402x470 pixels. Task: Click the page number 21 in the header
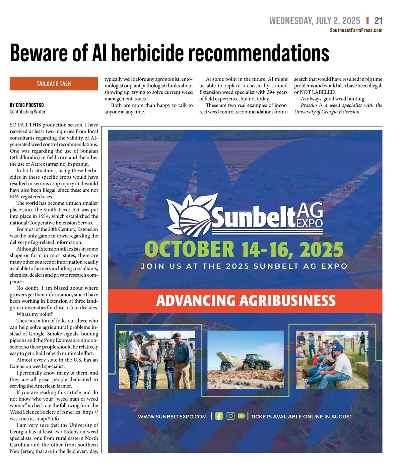[378, 21]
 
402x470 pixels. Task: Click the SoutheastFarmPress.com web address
[356, 30]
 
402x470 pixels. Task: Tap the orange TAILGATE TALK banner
[54, 84]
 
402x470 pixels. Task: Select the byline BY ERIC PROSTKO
[27, 105]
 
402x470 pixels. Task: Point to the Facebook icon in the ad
[219, 416]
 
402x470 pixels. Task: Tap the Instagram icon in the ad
[230, 416]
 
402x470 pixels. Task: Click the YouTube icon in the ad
[241, 416]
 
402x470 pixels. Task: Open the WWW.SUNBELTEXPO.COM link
[172, 416]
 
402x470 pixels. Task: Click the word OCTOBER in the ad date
[189, 250]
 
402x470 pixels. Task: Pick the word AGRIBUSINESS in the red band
[287, 301]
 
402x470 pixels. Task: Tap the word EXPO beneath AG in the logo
[310, 223]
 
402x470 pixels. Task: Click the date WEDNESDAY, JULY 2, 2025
[315, 21]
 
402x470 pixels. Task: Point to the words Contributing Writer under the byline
[27, 112]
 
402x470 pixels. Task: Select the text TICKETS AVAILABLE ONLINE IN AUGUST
[301, 416]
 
